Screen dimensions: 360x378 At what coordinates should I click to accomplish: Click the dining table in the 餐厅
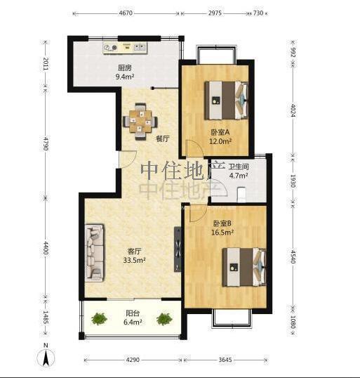[x=140, y=122]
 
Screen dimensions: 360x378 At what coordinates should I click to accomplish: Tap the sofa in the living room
[x=95, y=253]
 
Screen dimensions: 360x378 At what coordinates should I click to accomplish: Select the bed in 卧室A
[x=227, y=100]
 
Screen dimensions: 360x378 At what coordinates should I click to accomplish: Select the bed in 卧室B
[x=244, y=267]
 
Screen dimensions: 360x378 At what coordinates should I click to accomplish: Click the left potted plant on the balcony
[x=99, y=319]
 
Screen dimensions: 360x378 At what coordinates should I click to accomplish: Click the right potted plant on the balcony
[x=164, y=319]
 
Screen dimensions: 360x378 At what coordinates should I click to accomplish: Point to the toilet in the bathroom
[x=241, y=195]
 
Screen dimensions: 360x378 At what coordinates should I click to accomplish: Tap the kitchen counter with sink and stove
[x=125, y=48]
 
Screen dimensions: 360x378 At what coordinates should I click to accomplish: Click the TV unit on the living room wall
[x=178, y=249]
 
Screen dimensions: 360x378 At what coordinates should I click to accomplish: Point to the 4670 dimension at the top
[x=126, y=13]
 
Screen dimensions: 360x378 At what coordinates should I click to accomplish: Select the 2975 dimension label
[x=215, y=13]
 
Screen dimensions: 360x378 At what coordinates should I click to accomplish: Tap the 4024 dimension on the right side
[x=293, y=110]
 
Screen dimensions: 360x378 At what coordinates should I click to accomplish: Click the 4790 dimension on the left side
[x=46, y=143]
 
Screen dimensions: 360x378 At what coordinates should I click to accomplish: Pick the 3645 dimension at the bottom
[x=225, y=360]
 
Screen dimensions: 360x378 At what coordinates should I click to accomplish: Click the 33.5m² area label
[x=134, y=261]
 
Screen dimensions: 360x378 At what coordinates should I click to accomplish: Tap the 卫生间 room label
[x=239, y=167]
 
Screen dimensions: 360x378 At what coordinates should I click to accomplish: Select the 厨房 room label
[x=125, y=68]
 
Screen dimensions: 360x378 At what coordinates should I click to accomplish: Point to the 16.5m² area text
[x=222, y=233]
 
